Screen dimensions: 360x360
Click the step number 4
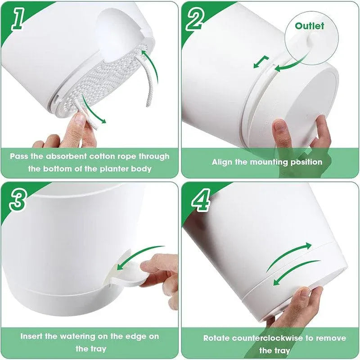[x=201, y=200]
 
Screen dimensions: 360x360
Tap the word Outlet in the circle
[x=309, y=26]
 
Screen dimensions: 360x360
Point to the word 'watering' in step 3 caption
[x=77, y=337]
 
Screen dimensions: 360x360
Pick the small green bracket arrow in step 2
[x=261, y=62]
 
